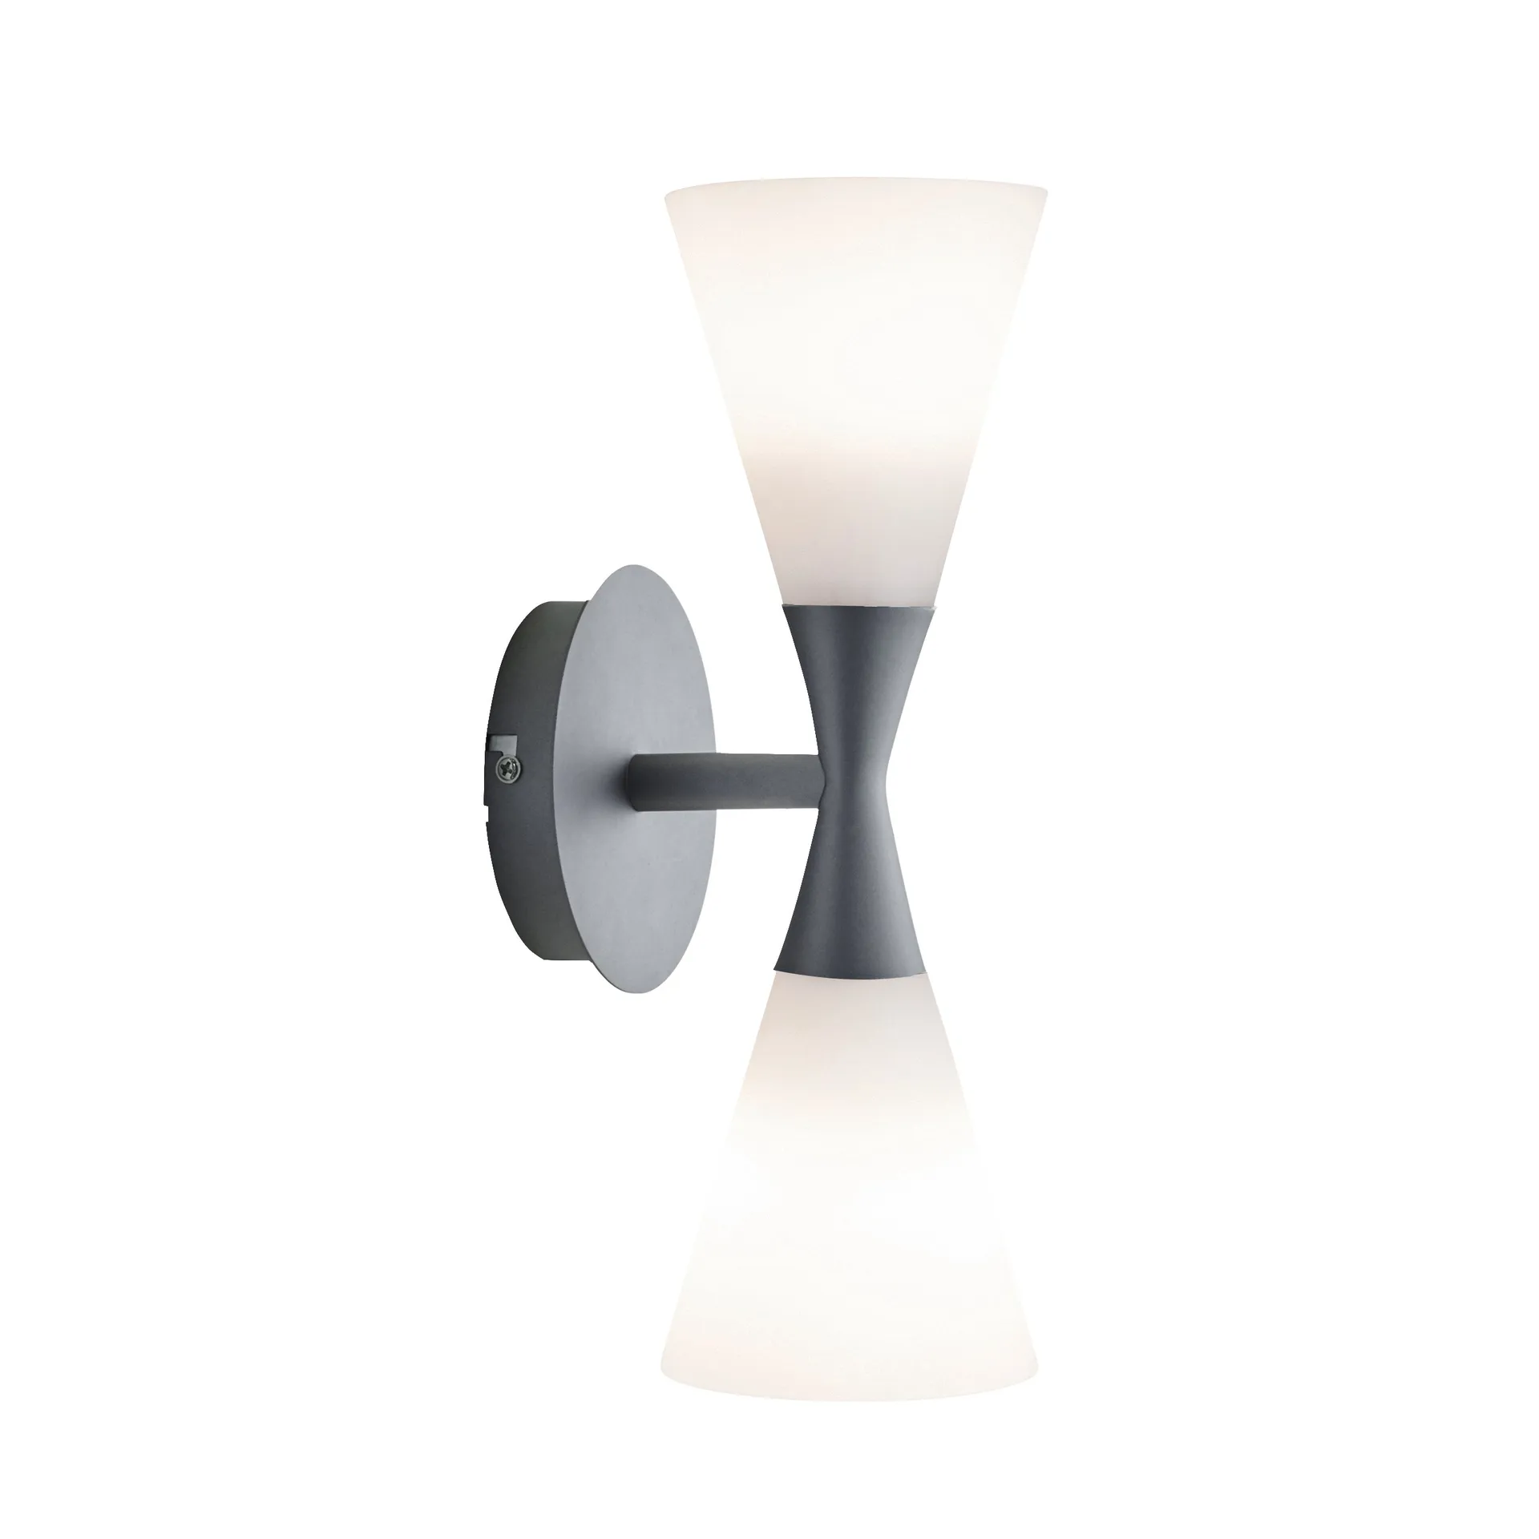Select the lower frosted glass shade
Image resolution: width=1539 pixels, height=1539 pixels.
[854, 1202]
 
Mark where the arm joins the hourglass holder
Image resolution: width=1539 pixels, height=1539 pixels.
[819, 776]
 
